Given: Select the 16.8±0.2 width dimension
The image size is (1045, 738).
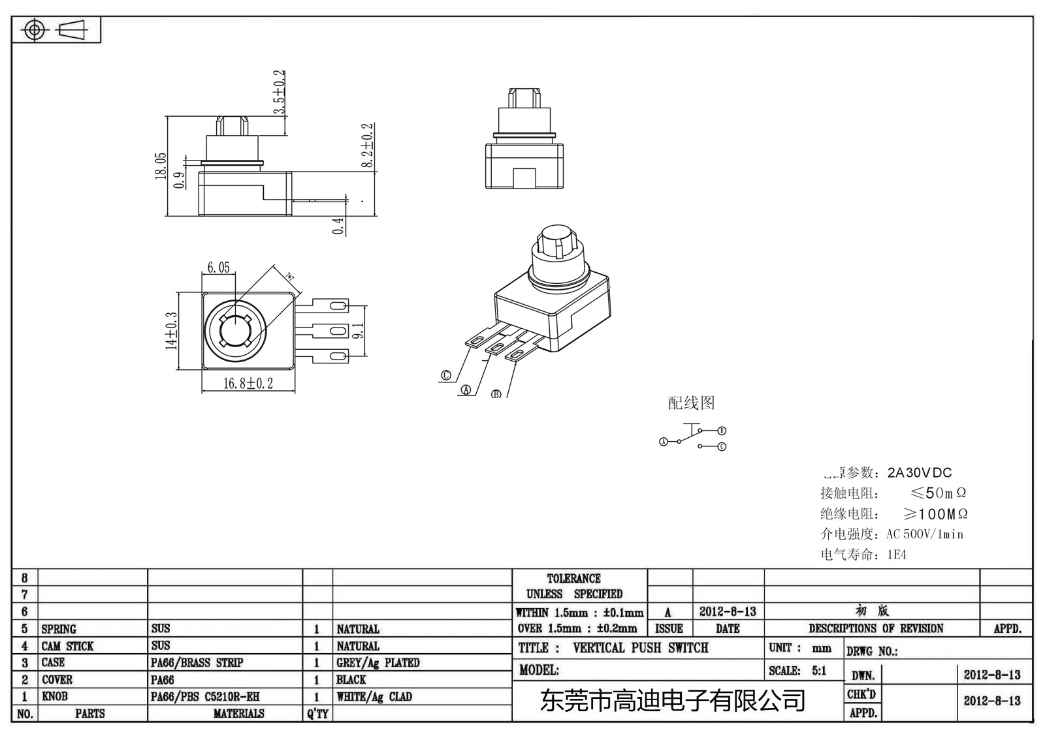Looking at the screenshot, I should click(248, 384).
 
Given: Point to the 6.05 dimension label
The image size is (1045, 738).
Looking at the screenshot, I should click(219, 268).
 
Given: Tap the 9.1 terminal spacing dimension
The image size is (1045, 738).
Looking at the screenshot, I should click(358, 331).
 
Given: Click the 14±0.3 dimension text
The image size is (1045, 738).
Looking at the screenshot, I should click(172, 331).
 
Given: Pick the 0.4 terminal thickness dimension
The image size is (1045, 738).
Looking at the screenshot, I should click(338, 226).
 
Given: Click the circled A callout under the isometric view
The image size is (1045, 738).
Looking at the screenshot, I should click(466, 390).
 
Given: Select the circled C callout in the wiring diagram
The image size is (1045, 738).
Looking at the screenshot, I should click(722, 447).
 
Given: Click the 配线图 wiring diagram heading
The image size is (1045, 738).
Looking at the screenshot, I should click(691, 403).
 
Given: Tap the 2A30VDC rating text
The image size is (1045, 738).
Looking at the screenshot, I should click(920, 472).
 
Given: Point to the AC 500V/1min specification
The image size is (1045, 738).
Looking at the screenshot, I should click(924, 534).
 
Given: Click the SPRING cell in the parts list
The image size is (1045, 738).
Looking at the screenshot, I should click(59, 629).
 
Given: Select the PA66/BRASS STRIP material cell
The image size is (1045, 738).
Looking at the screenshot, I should click(197, 663).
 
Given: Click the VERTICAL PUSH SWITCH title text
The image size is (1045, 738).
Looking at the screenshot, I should click(640, 648).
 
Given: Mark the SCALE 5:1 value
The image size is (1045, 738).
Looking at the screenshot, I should click(819, 671).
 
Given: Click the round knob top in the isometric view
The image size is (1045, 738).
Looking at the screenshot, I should click(556, 234).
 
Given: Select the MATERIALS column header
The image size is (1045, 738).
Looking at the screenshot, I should click(238, 714).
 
